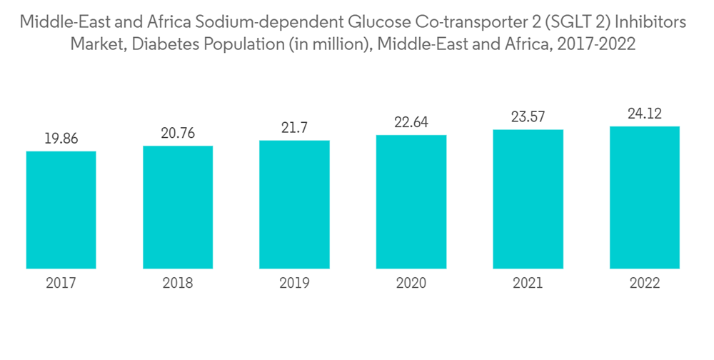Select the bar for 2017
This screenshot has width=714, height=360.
[x=61, y=210]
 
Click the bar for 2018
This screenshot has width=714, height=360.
[x=178, y=207]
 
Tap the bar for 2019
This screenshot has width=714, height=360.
[x=294, y=204]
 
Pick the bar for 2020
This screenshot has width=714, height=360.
[x=411, y=201]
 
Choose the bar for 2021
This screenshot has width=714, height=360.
[x=528, y=199]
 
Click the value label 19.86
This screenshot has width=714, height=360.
[x=61, y=139]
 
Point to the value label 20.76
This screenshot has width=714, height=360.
[x=178, y=134]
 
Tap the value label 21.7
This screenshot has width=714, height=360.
[x=294, y=129]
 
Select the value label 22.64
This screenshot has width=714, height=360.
[x=411, y=123]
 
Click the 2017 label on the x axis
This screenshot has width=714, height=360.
[x=61, y=284]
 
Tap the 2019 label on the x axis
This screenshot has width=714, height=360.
[x=294, y=284]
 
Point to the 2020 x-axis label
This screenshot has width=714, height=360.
[x=411, y=284]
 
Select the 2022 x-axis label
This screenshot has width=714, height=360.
[x=644, y=284]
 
